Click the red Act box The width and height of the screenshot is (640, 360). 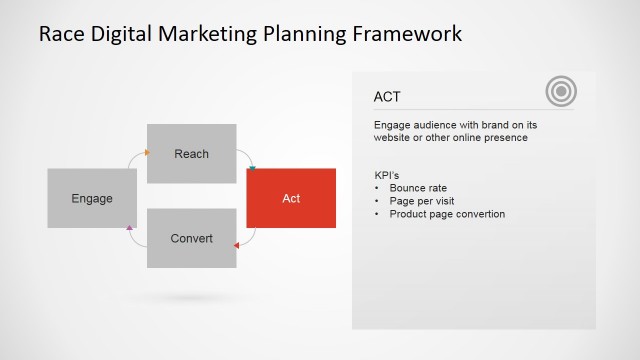(291, 198)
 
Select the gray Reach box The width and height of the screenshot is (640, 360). (191, 153)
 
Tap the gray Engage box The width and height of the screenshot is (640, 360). (91, 198)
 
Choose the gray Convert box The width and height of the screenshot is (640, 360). (191, 238)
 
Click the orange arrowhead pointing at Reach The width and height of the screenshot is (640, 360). (147, 153)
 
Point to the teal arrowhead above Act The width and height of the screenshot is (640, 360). (252, 167)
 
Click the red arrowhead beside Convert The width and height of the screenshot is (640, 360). (236, 244)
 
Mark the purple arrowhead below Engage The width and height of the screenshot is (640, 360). (130, 229)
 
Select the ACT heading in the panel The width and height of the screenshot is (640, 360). (388, 97)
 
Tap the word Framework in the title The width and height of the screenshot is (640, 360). (412, 34)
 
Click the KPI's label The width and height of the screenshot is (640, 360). (387, 176)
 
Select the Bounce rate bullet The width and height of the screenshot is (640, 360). (418, 188)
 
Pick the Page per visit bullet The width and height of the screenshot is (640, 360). (423, 201)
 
